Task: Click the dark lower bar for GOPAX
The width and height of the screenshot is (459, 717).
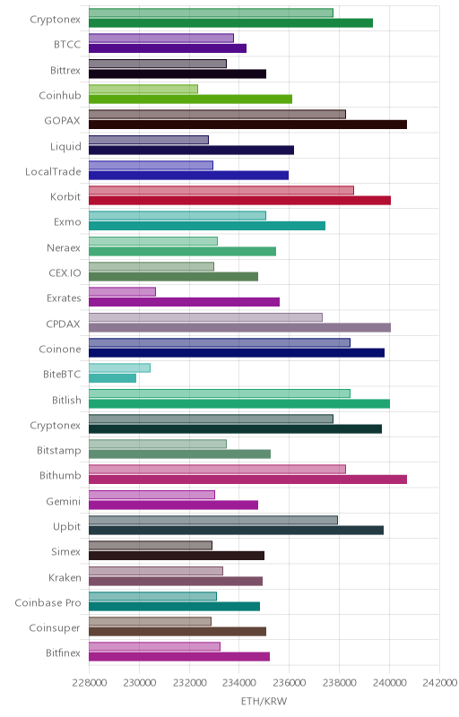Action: coord(247,125)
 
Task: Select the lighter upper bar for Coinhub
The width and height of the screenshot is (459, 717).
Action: coord(143,89)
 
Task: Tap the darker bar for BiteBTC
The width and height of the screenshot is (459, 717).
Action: coord(112,378)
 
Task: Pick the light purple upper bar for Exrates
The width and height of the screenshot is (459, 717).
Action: coord(122,292)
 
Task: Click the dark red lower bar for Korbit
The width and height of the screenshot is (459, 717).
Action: coord(239,200)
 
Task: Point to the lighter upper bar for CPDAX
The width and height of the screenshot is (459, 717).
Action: coord(205,317)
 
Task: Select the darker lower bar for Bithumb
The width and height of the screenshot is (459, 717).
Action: coord(247,479)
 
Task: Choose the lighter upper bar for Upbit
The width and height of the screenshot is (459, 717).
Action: coord(213,520)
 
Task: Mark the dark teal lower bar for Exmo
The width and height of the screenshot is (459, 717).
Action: coord(207,226)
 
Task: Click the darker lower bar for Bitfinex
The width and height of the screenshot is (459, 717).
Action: coord(179,657)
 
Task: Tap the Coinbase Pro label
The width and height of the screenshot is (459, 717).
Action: coord(48,602)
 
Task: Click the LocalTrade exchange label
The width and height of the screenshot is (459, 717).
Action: coord(53,171)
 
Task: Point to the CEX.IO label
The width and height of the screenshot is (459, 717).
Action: coord(65,273)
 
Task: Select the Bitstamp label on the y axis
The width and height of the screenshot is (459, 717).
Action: coord(59,451)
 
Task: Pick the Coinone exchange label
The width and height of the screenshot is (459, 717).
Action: coord(60,350)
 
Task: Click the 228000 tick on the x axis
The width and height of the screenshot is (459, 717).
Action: coord(90,683)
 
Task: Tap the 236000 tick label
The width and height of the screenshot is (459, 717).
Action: coord(290,683)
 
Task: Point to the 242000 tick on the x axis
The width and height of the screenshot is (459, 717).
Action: coord(440,683)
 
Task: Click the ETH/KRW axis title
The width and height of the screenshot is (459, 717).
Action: coord(264,702)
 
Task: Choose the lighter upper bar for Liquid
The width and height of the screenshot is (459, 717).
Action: coord(149,140)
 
